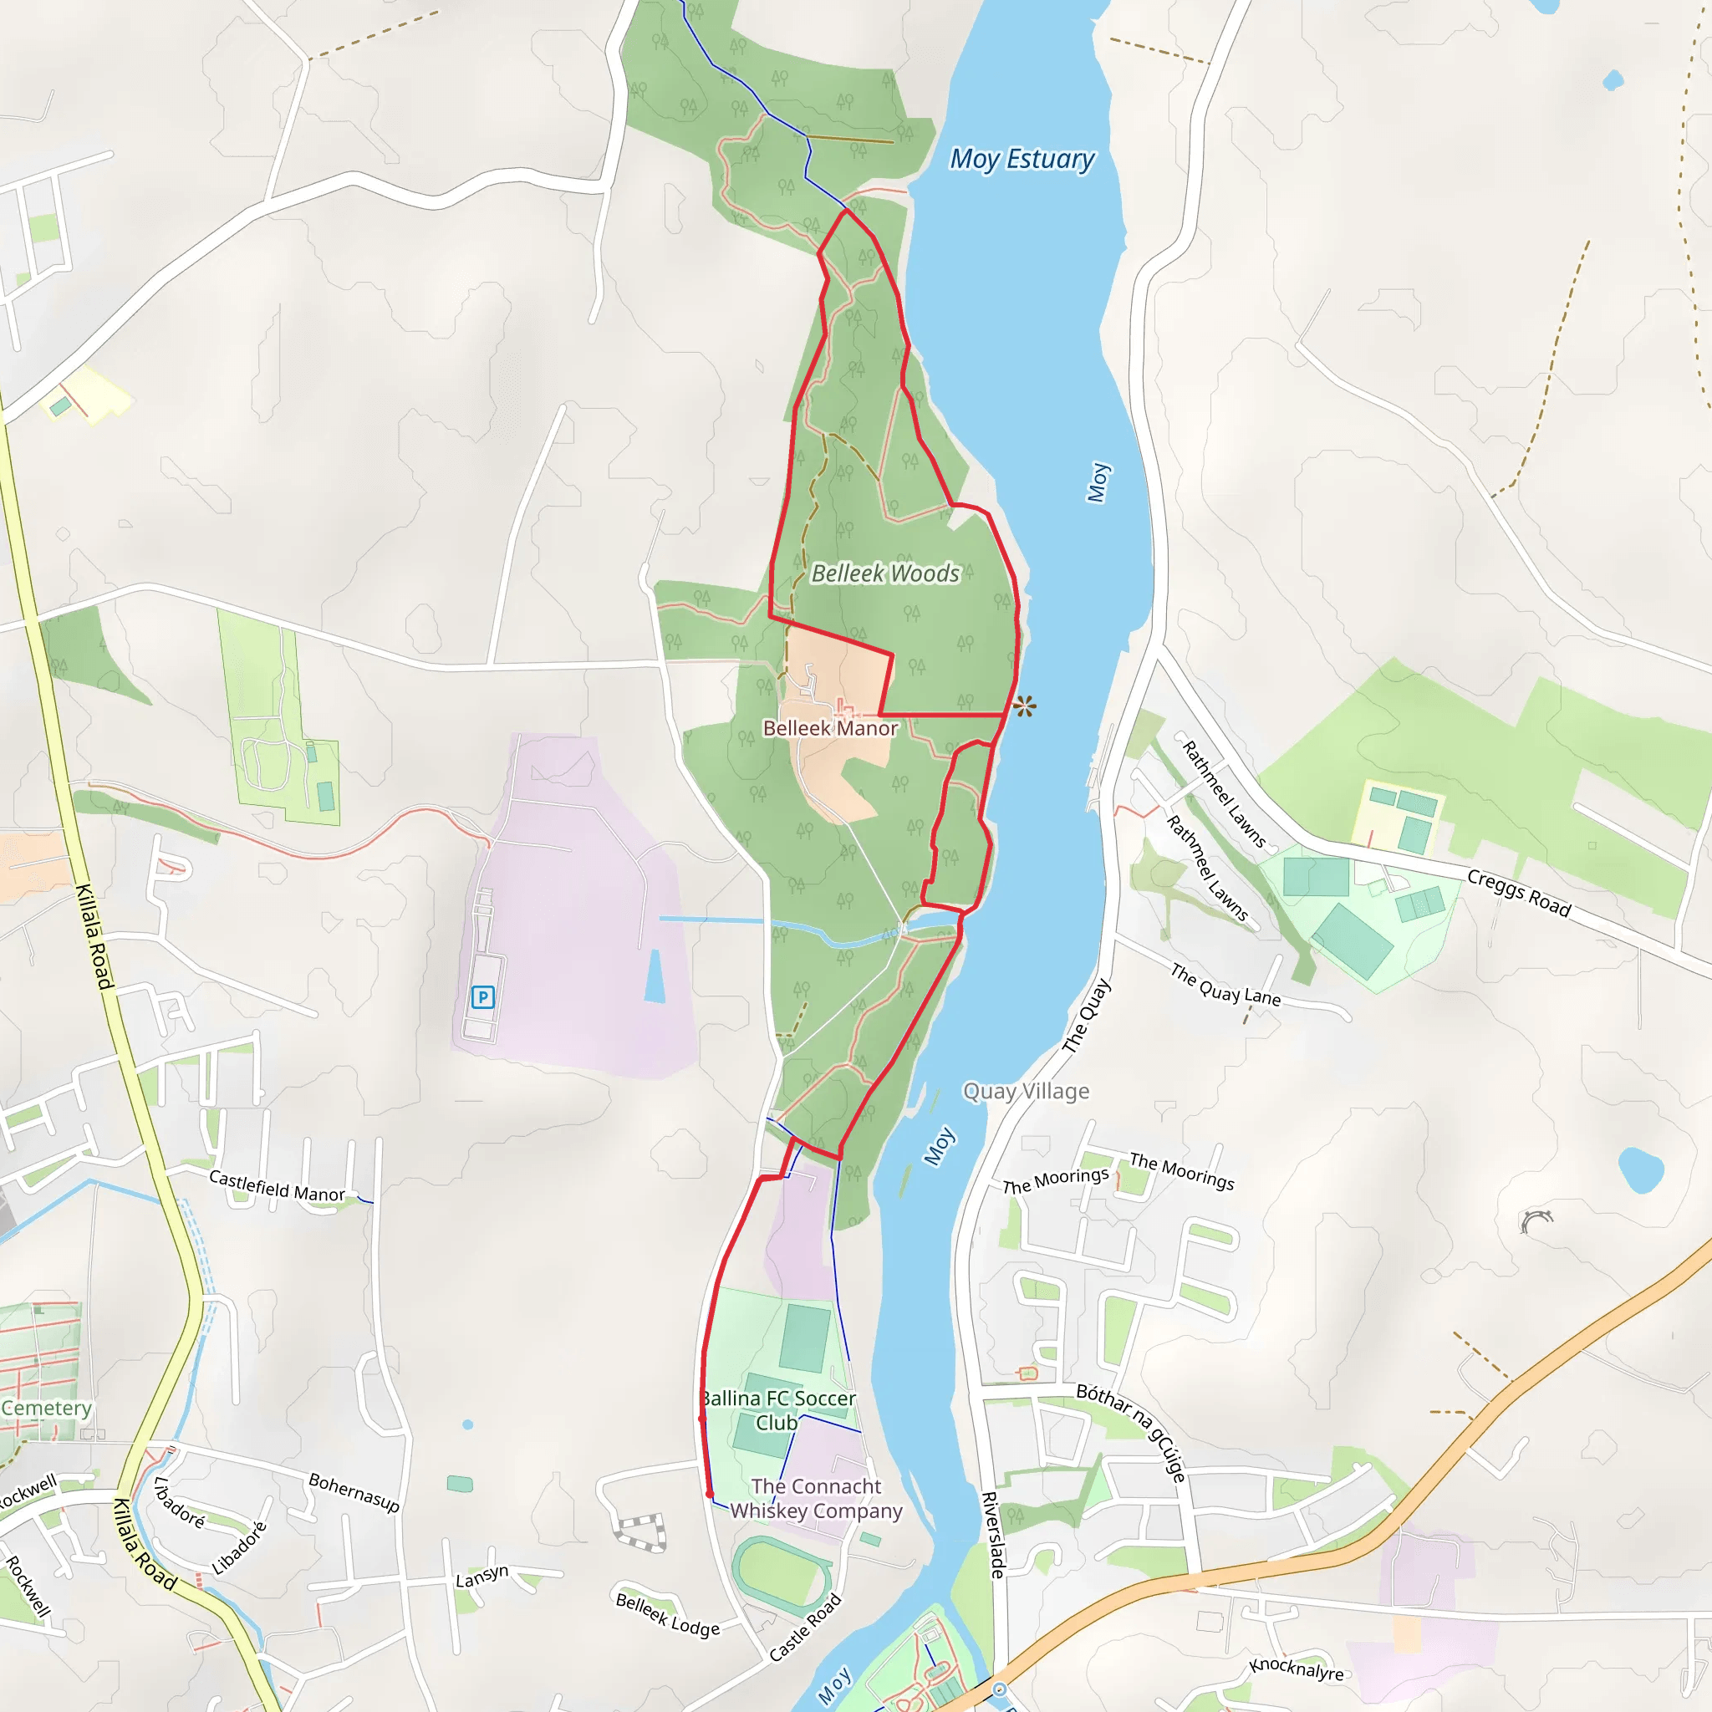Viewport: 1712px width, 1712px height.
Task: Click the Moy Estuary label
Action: click(1022, 160)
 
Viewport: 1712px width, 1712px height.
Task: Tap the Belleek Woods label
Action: click(885, 573)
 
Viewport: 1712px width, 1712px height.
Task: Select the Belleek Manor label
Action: click(830, 728)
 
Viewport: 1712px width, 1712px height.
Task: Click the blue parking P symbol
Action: click(482, 998)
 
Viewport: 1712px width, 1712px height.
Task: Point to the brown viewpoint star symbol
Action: click(1024, 706)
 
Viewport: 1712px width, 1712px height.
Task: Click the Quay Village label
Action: click(1027, 1091)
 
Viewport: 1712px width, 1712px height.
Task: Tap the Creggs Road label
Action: click(1519, 892)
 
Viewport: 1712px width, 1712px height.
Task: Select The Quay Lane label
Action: click(1225, 985)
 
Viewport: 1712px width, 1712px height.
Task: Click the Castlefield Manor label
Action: click(277, 1185)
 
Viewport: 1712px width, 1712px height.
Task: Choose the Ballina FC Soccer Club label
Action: click(778, 1410)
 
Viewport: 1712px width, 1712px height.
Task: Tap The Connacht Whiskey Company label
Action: click(816, 1499)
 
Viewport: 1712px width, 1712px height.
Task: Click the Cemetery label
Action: click(46, 1408)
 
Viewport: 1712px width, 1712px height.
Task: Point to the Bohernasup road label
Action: click(354, 1492)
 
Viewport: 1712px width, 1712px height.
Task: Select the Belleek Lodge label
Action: click(667, 1614)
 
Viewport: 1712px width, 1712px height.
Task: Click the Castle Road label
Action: click(805, 1627)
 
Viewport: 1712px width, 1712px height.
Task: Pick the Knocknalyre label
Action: click(1297, 1669)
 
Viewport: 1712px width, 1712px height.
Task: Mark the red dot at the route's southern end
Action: click(710, 1494)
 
